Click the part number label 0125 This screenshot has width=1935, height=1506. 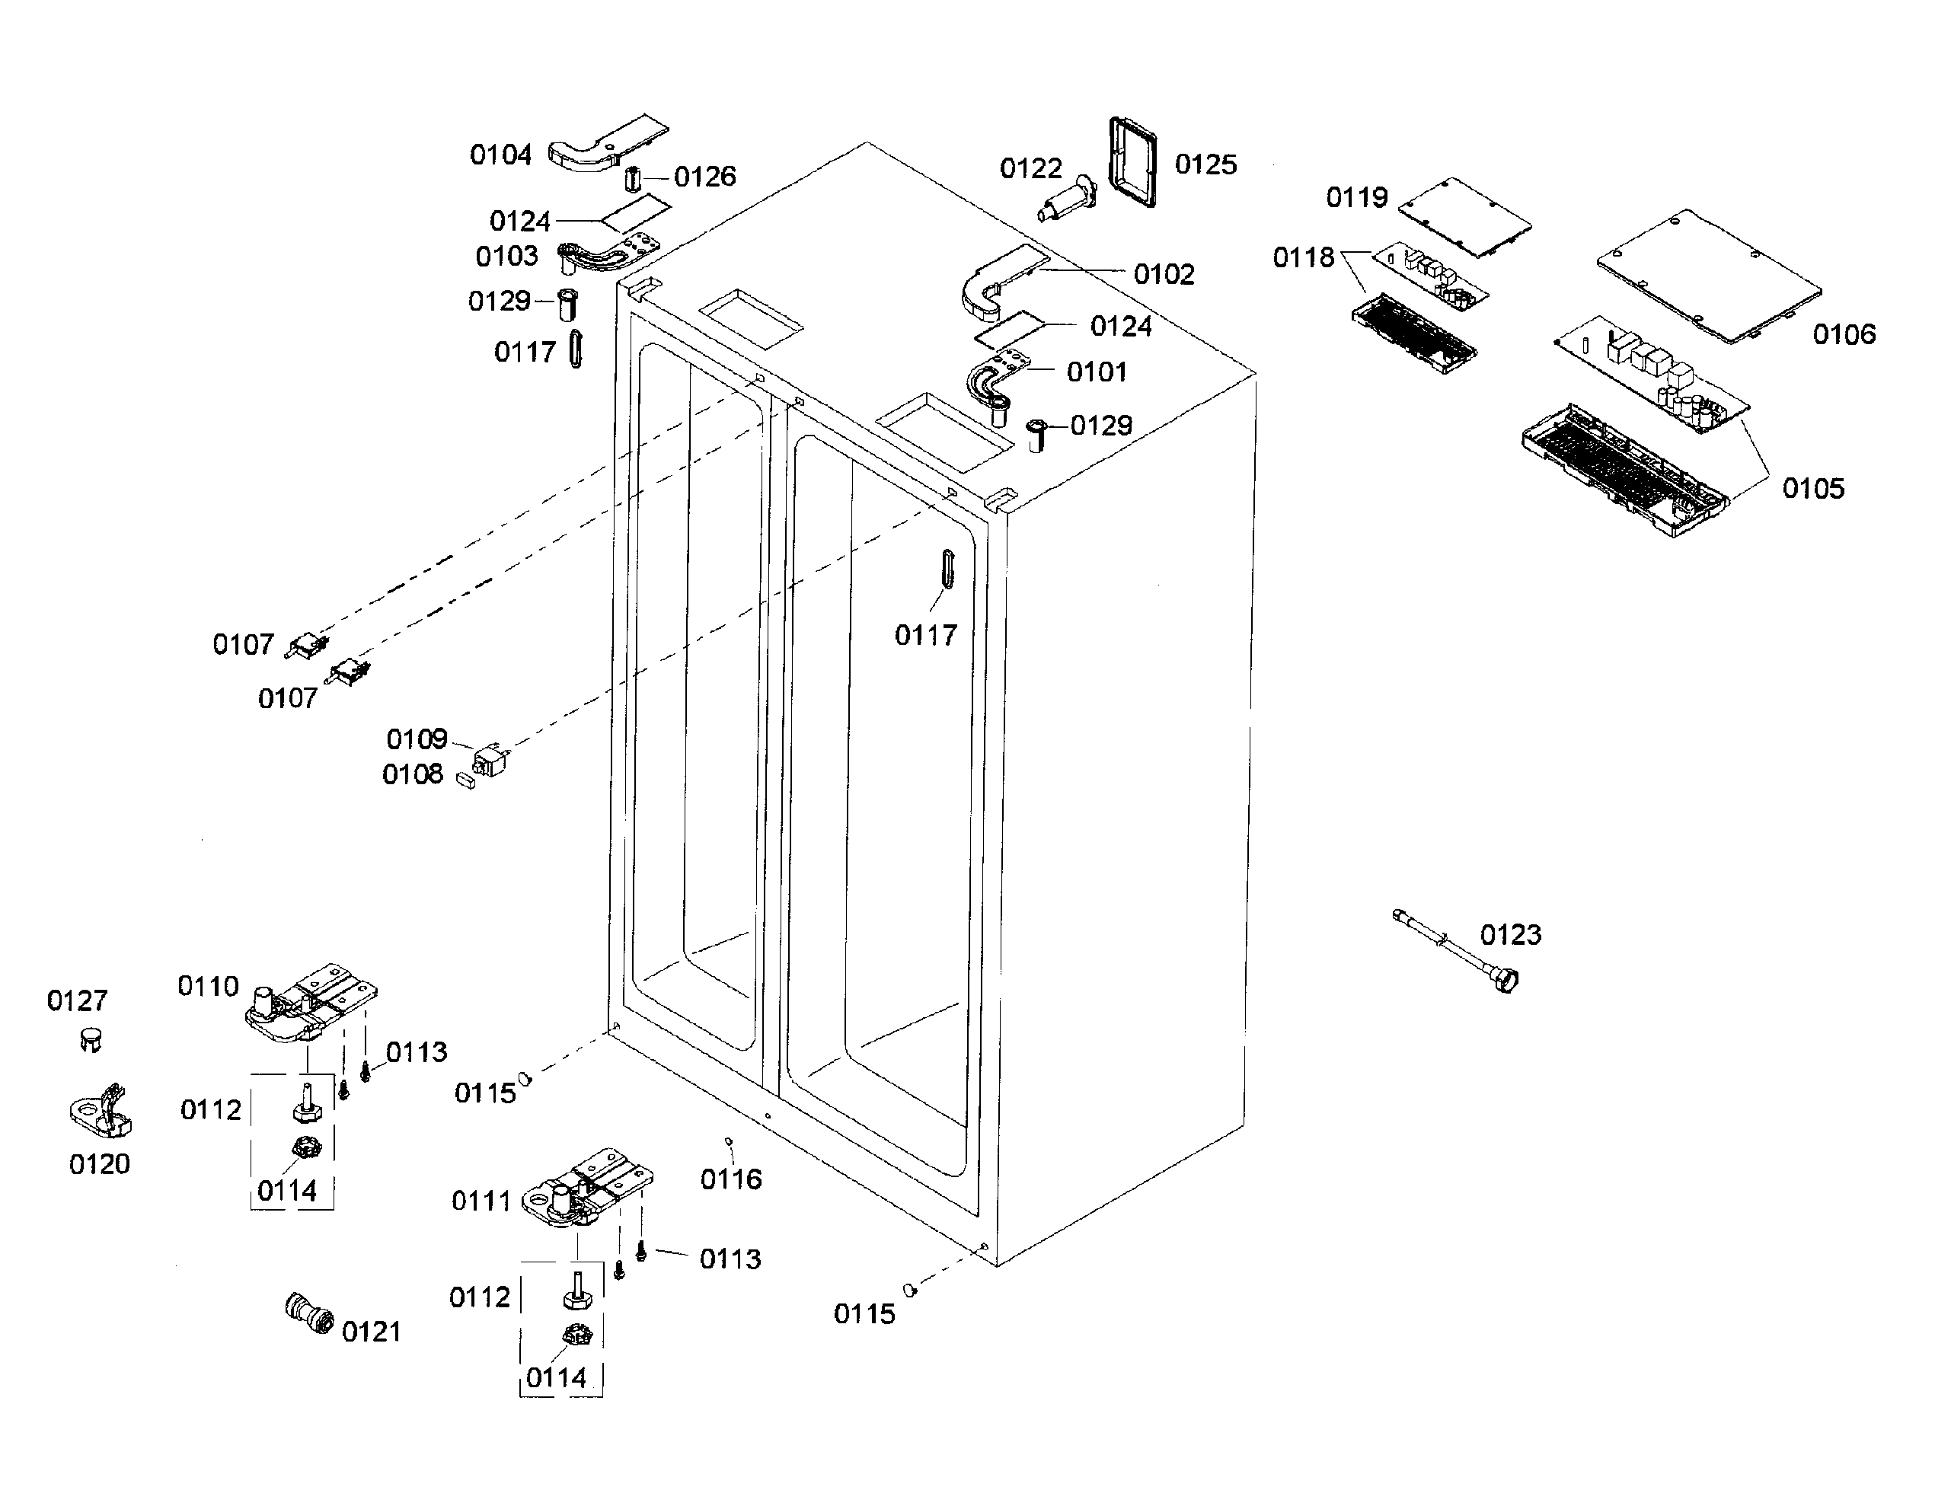pos(1205,164)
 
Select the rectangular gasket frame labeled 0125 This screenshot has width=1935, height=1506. pos(1132,161)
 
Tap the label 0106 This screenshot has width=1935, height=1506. pos(1844,335)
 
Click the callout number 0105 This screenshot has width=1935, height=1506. pos(1812,489)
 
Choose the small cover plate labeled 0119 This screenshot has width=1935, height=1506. pos(1464,216)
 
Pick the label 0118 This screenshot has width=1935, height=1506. pos(1303,258)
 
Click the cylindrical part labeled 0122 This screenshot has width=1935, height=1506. pos(1068,201)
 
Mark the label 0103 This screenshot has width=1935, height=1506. pos(507,257)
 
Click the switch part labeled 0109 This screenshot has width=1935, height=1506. pos(488,760)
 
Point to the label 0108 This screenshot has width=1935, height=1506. pos(412,775)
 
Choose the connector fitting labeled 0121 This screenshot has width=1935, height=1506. pos(308,1314)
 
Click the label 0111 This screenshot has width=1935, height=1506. pos(481,1201)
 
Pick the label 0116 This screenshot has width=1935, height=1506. pos(731,1179)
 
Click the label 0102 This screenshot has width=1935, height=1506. pos(1164,275)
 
